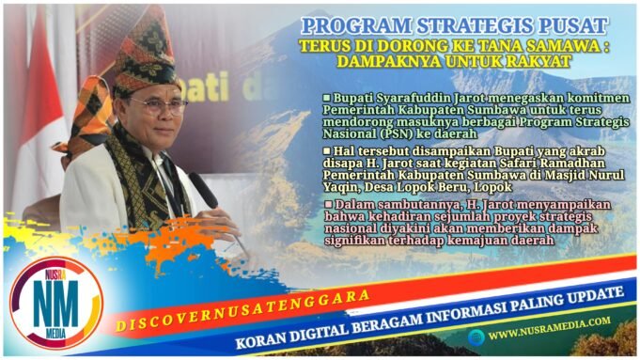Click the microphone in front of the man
tap(205, 192)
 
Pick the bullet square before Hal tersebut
tap(327, 149)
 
